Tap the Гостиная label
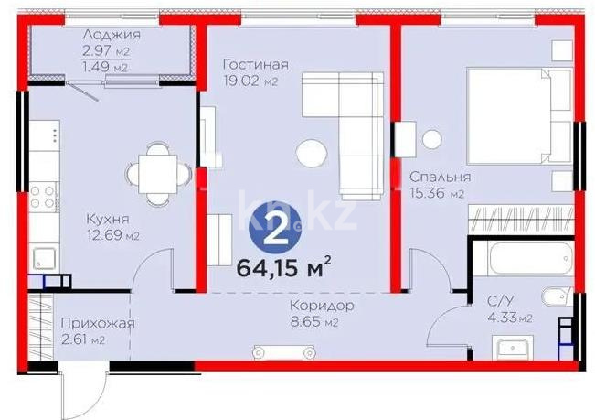tap(257, 65)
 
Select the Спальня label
tap(440, 178)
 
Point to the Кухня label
tap(107, 220)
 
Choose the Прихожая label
tap(99, 324)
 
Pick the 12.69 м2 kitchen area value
tap(112, 236)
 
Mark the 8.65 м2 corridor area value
tap(319, 322)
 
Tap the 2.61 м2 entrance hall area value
tap(84, 340)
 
